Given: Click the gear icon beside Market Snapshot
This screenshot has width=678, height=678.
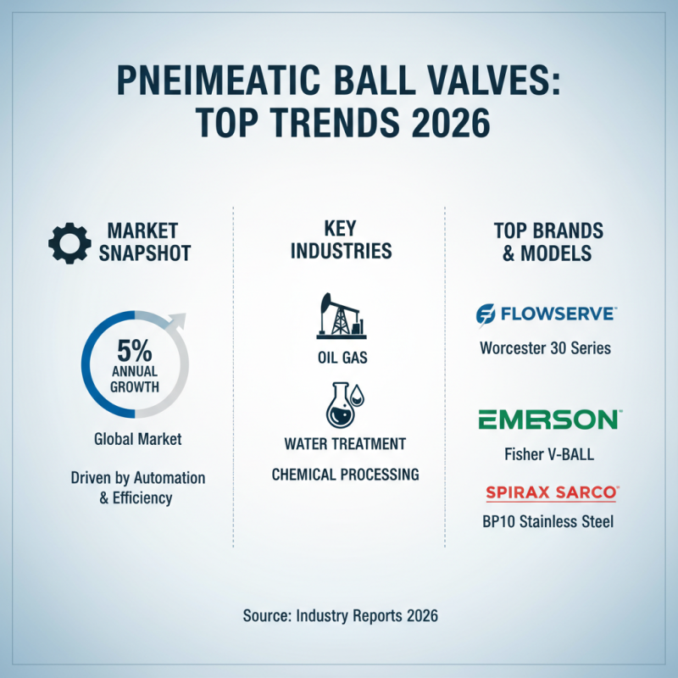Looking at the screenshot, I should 69,242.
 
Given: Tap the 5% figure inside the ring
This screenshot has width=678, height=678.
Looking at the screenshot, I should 136,349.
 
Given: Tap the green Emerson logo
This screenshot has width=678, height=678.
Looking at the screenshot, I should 547,419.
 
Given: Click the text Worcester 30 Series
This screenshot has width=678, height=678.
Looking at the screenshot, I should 545,347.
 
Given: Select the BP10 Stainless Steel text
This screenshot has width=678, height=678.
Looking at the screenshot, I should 546,521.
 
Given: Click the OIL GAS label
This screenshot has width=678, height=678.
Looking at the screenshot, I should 342,358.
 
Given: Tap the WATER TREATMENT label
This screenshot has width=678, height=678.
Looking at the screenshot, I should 345,443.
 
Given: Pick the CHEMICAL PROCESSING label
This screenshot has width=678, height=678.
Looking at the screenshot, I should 345,474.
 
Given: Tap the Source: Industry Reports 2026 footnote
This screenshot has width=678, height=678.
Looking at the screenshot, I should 340,616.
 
